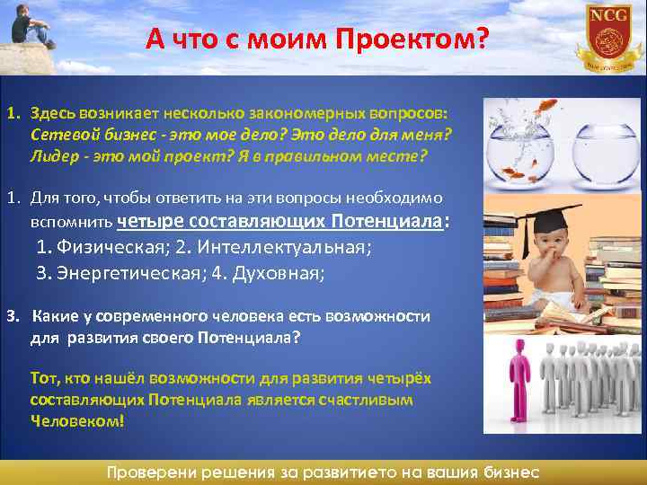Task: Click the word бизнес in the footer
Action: [x=508, y=472]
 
